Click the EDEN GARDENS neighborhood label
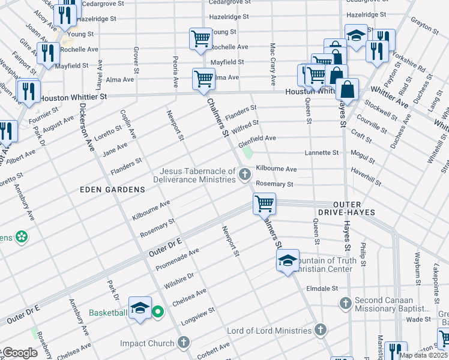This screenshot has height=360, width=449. [x=113, y=190]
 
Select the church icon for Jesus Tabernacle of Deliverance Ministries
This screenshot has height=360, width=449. [x=244, y=175]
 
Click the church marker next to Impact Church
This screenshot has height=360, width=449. [x=184, y=343]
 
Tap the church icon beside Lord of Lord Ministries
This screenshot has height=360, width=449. [x=321, y=330]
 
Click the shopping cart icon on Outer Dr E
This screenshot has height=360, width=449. [x=264, y=203]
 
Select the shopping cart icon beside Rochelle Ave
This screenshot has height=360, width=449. [x=200, y=39]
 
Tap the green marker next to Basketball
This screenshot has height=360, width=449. [x=157, y=312]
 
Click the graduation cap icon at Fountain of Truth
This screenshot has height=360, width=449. [x=288, y=260]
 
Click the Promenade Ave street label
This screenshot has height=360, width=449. [x=177, y=259]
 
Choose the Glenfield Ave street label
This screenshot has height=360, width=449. [x=257, y=139]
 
